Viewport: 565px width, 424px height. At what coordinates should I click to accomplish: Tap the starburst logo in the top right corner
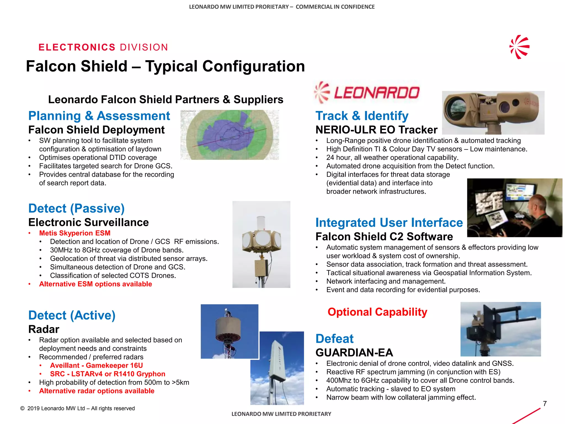[x=519, y=47]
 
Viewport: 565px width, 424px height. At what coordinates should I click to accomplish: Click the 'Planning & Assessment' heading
[x=99, y=116]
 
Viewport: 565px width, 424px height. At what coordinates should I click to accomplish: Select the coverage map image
[x=230, y=135]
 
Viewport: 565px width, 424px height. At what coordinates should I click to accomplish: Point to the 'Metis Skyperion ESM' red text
[x=75, y=233]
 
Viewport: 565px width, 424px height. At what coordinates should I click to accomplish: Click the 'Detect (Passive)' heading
[x=76, y=208]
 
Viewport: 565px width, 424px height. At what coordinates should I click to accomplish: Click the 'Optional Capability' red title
[x=377, y=312]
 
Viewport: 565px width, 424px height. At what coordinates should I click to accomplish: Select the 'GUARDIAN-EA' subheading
[x=354, y=353]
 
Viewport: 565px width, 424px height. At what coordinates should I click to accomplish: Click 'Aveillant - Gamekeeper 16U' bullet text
[x=96, y=365]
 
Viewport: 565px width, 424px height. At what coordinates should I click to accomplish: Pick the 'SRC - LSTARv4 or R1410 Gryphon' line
[x=108, y=374]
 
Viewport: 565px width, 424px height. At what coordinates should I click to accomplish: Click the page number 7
[x=545, y=404]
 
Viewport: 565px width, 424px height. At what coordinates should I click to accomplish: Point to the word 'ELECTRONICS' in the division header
[x=77, y=47]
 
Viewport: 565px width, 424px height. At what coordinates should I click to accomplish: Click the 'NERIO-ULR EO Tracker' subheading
[x=376, y=130]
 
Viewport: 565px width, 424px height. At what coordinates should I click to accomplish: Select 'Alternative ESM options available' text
[x=95, y=284]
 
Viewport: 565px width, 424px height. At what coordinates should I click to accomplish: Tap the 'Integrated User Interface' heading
[x=389, y=222]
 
